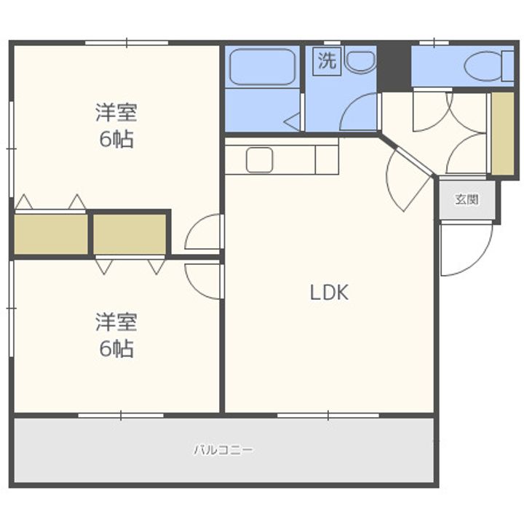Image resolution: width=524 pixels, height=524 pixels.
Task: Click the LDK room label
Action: (330, 293)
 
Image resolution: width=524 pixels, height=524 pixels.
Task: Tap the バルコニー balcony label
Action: (223, 450)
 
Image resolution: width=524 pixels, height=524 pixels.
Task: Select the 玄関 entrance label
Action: (467, 199)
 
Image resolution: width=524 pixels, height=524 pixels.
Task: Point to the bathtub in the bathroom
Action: (262, 67)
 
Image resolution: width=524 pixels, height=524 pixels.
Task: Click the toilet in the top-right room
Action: (484, 66)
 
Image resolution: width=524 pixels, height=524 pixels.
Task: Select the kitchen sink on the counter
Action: (259, 159)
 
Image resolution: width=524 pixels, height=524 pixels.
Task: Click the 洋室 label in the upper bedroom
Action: (116, 113)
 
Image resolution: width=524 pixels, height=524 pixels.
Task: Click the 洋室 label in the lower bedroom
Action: (116, 322)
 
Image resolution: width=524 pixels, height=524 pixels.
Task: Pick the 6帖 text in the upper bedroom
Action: (116, 139)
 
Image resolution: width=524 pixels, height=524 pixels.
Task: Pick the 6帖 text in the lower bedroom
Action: (116, 349)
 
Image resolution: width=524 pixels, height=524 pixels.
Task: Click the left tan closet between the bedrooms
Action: (50, 234)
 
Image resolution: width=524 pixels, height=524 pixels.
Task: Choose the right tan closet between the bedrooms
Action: (130, 234)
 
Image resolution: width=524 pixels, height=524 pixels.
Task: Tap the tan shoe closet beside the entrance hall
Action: (502, 133)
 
